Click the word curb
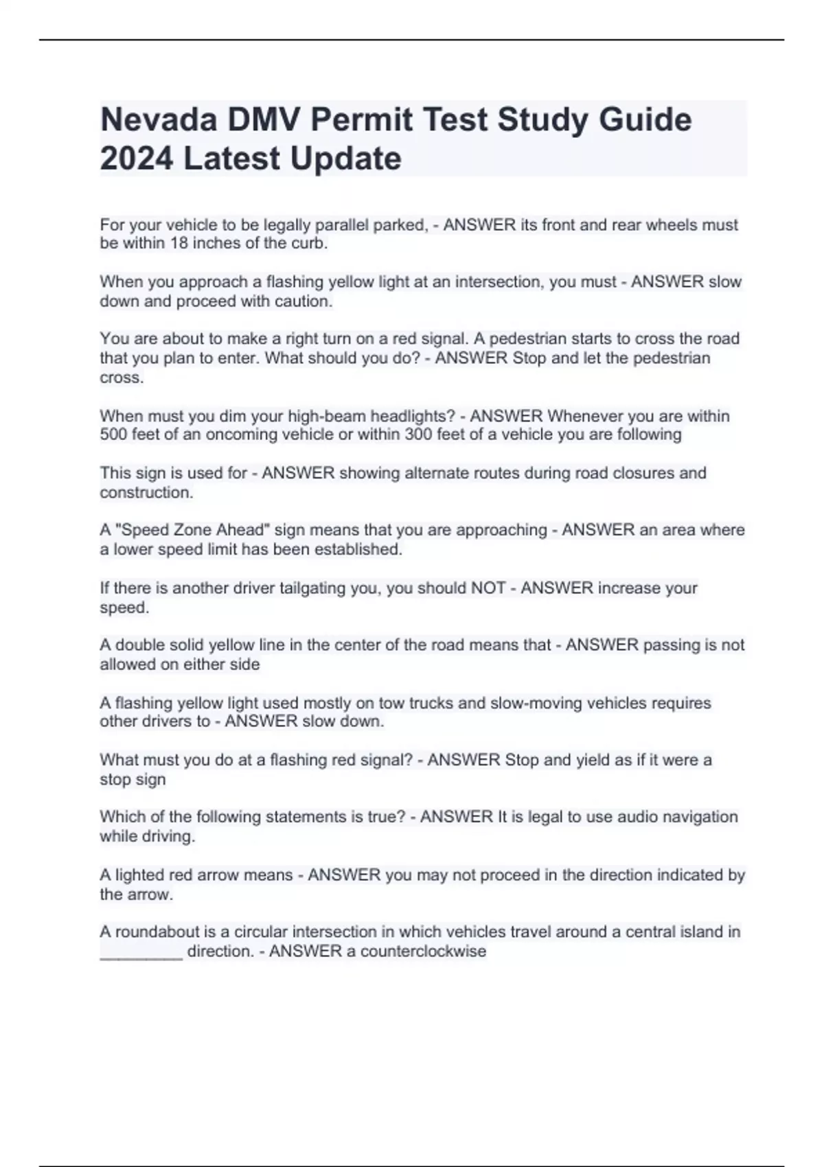[310, 244]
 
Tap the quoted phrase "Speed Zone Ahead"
[194, 530]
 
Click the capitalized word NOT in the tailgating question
[488, 588]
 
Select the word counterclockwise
[423, 951]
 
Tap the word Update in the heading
[345, 159]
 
